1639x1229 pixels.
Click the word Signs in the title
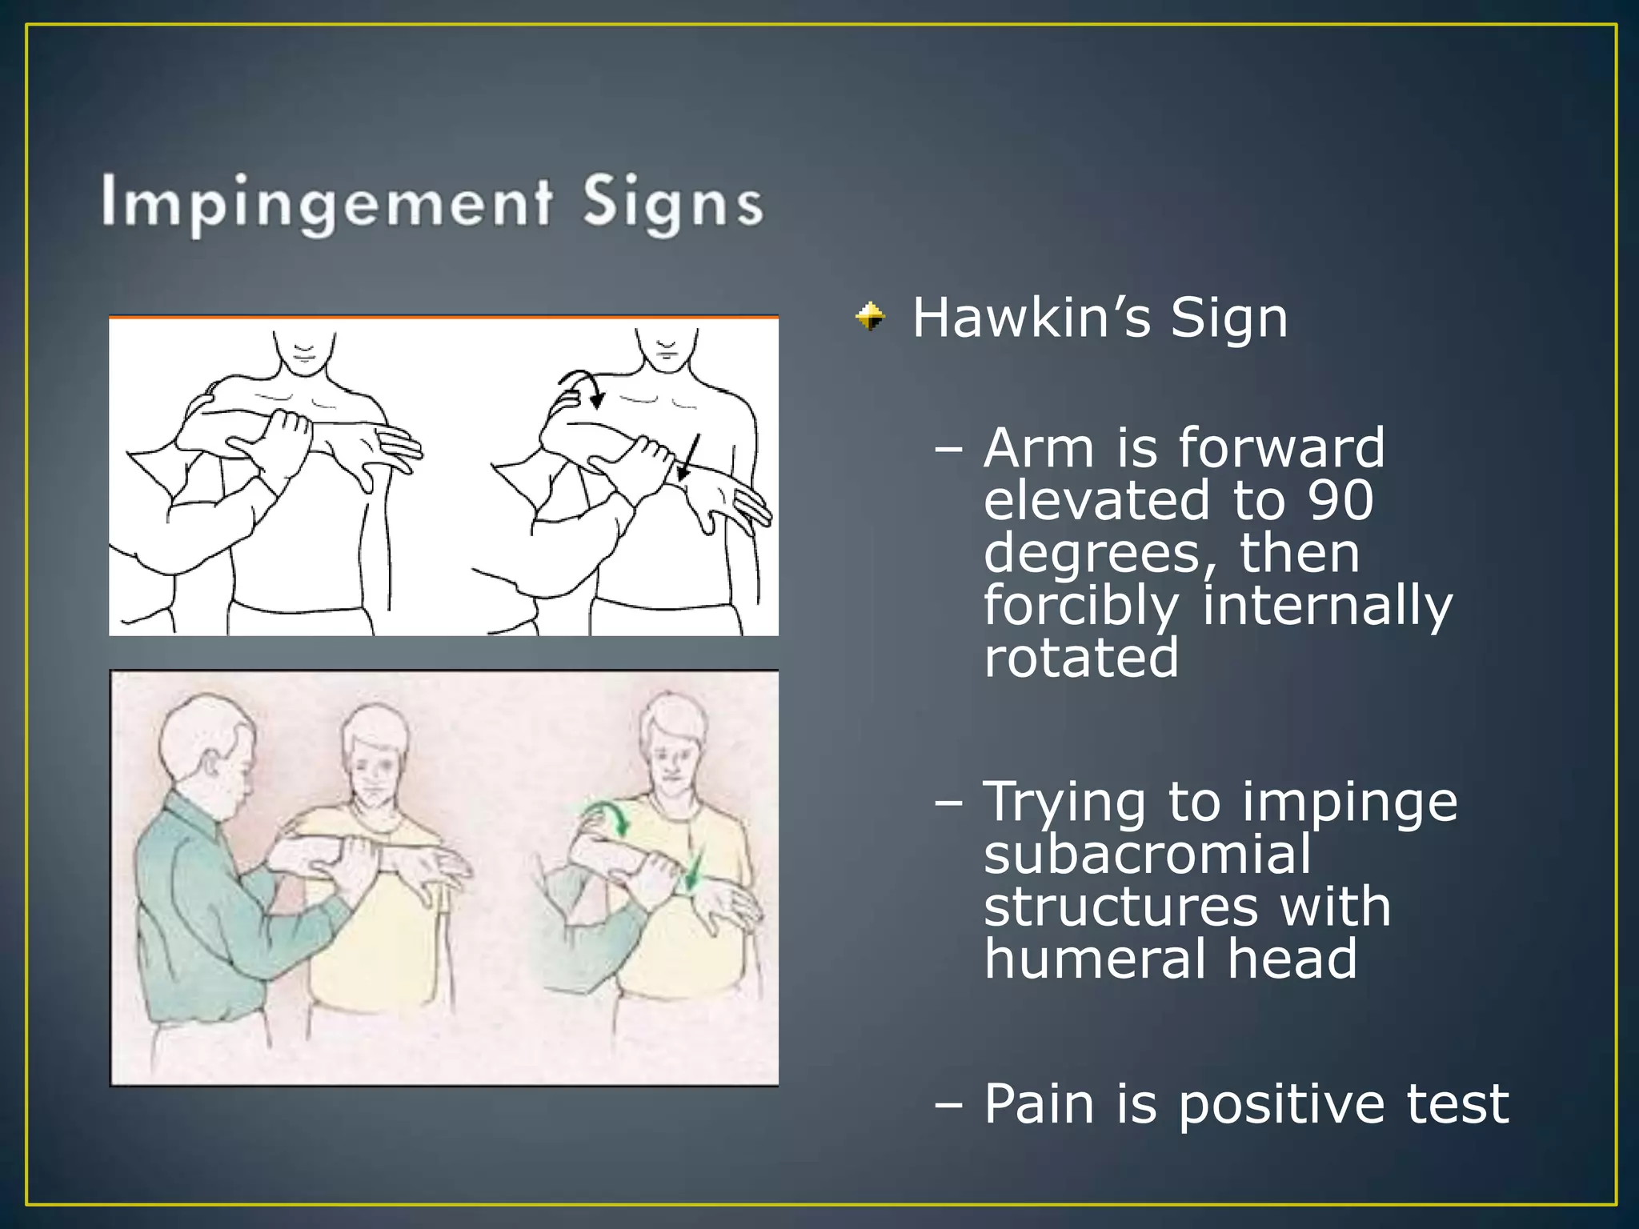pyautogui.click(x=672, y=204)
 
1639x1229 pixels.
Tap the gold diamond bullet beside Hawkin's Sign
pyautogui.click(x=870, y=317)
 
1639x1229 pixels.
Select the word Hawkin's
pyautogui.click(x=1032, y=318)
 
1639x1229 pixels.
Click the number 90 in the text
pyautogui.click(x=1340, y=500)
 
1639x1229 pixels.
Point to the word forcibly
pyautogui.click(x=1081, y=606)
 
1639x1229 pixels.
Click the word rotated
pyautogui.click(x=1081, y=657)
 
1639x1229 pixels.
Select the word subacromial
pyautogui.click(x=1148, y=855)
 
